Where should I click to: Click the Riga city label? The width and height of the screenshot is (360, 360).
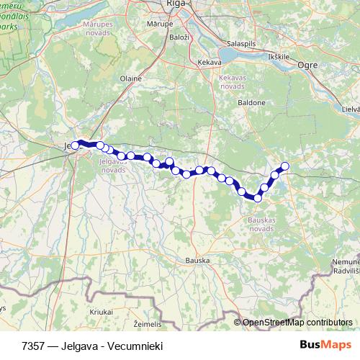pyautogui.click(x=176, y=4)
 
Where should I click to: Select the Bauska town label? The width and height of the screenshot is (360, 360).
pyautogui.click(x=197, y=260)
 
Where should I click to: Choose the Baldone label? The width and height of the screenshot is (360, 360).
pyautogui.click(x=253, y=103)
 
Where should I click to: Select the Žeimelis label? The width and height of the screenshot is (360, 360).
pyautogui.click(x=148, y=325)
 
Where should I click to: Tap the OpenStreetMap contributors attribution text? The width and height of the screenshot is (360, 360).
pyautogui.click(x=297, y=322)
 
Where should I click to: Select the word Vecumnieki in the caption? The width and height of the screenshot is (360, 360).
pyautogui.click(x=135, y=346)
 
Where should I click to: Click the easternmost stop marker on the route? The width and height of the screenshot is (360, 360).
pyautogui.click(x=284, y=166)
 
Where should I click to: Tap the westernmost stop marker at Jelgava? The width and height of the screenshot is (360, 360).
pyautogui.click(x=75, y=145)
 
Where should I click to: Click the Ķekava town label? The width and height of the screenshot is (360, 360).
pyautogui.click(x=210, y=63)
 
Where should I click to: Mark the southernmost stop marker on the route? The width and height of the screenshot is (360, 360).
pyautogui.click(x=257, y=198)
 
